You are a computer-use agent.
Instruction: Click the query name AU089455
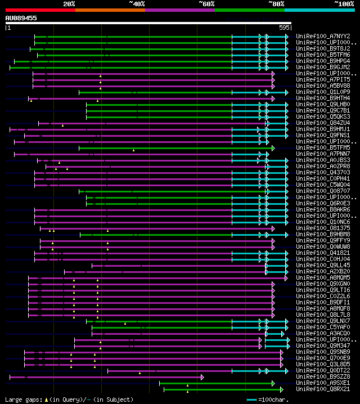[21, 18]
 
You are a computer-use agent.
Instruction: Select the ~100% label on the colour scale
[344, 3]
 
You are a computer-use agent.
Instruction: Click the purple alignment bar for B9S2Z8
[107, 376]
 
